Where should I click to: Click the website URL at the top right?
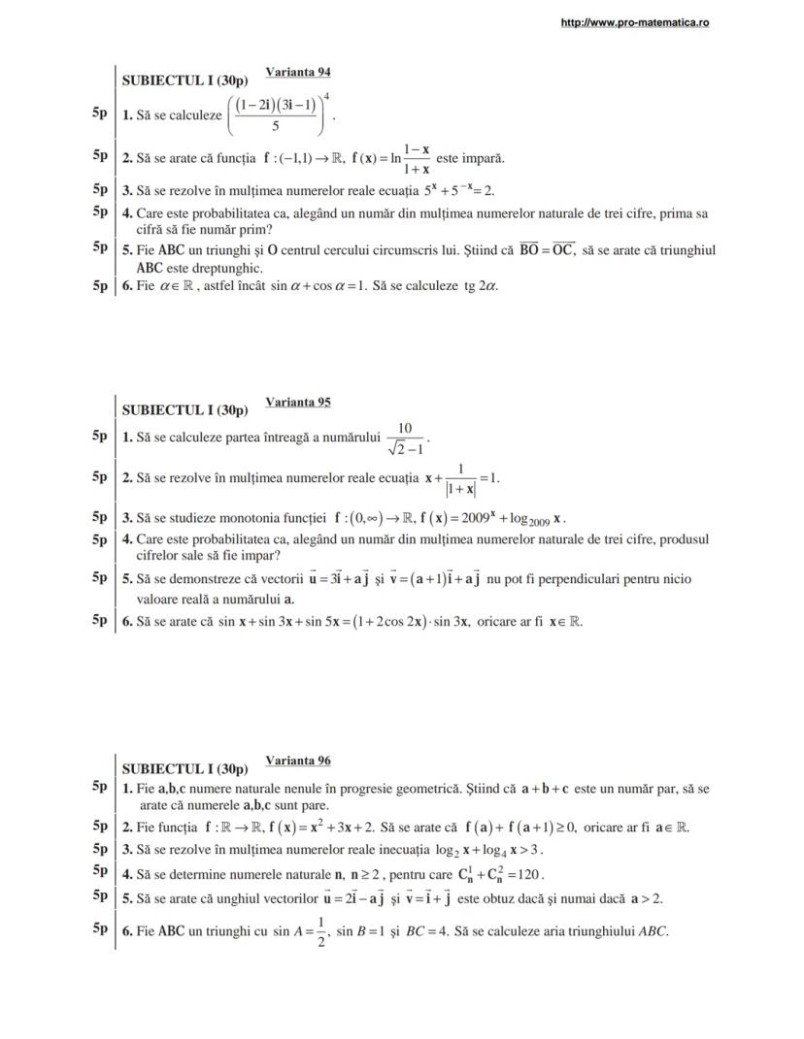635,22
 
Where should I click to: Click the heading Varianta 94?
299,72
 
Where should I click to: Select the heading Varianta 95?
298,402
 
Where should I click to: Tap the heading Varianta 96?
298,760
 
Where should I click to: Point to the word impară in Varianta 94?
483,158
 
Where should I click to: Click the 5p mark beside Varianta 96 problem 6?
99,928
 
